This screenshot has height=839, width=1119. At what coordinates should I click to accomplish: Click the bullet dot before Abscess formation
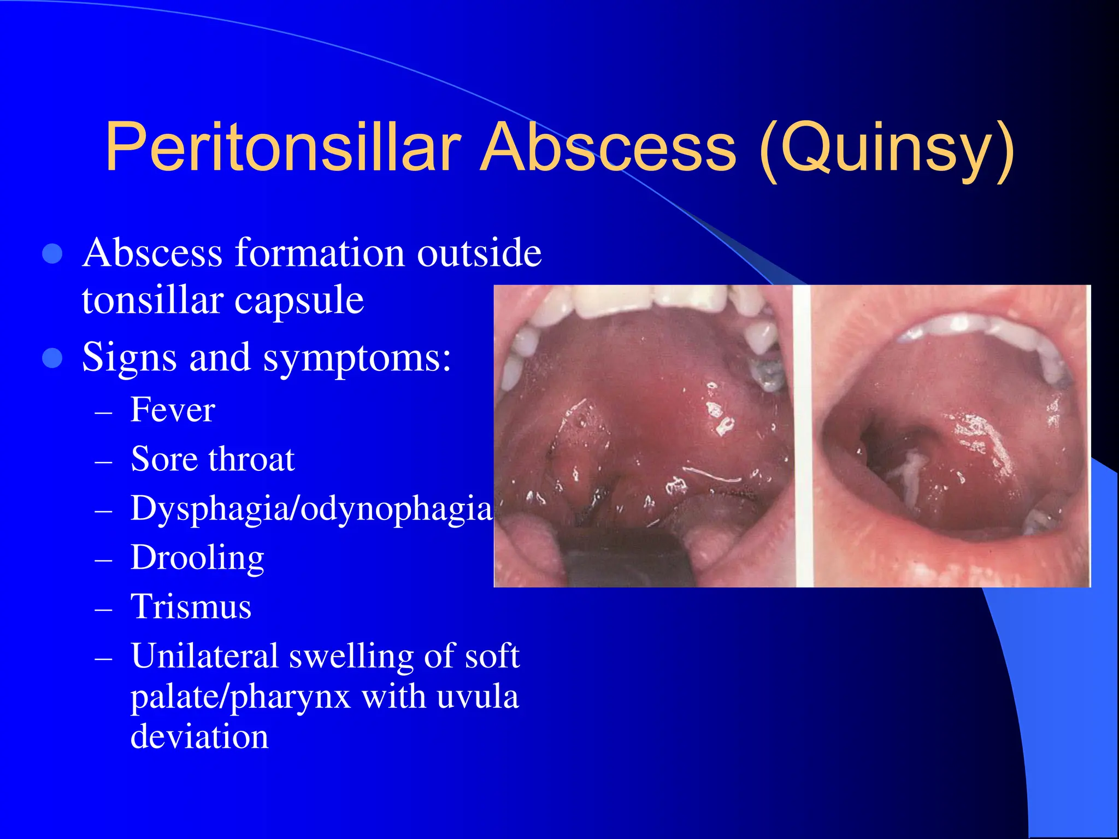(x=52, y=253)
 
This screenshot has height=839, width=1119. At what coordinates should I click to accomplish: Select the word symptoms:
(x=357, y=358)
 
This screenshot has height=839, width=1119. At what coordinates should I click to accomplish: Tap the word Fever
(x=173, y=410)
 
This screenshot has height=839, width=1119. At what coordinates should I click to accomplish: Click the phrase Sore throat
(x=213, y=459)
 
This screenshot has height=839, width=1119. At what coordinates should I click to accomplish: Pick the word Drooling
(x=197, y=558)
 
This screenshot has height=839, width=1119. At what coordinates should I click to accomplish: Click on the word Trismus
(x=191, y=607)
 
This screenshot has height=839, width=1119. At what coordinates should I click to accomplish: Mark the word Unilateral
(x=205, y=655)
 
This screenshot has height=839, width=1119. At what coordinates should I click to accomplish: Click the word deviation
(x=199, y=736)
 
